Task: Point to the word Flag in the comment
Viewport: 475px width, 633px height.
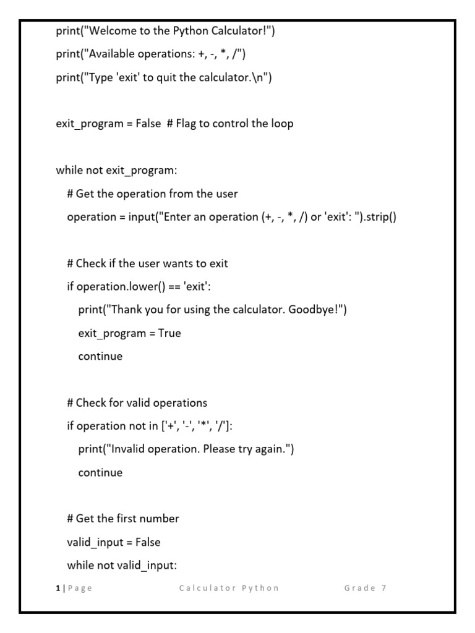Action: (187, 124)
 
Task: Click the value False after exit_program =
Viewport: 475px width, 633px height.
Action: (148, 124)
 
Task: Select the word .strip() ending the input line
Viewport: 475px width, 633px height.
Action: (377, 217)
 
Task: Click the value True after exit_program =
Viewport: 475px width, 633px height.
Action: (169, 333)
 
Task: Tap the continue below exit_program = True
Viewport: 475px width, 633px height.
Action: (100, 356)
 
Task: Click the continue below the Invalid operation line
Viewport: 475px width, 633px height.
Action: (100, 472)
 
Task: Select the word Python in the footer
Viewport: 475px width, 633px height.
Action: (262, 588)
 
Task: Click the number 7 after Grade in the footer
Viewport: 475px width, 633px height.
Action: (384, 588)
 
